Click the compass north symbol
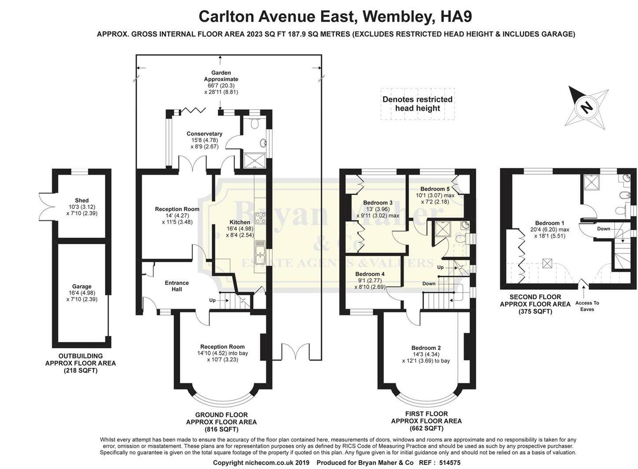point(586,107)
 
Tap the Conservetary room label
point(204,134)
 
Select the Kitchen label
point(240,222)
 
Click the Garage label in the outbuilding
point(82,287)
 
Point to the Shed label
point(82,201)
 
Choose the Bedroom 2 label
point(426,348)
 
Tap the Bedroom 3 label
point(378,203)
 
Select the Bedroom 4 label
point(370,274)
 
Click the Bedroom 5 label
point(435,189)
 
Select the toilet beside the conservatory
point(254,124)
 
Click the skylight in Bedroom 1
point(547,263)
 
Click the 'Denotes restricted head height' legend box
point(417,104)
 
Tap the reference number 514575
point(447,463)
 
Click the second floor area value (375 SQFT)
point(535,311)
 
